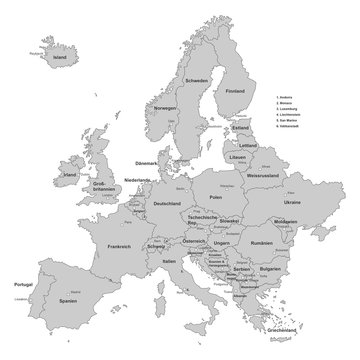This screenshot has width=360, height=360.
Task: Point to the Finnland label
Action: pyautogui.click(x=235, y=91)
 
